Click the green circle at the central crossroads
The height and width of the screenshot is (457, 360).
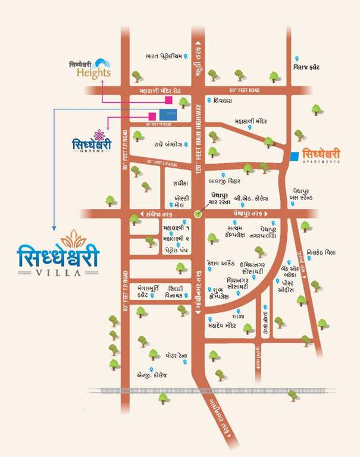click(x=198, y=213)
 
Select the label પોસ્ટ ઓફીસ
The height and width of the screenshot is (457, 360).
click(x=294, y=286)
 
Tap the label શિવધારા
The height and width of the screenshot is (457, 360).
click(x=224, y=101)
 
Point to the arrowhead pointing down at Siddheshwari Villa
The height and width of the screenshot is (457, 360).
click(x=54, y=227)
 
